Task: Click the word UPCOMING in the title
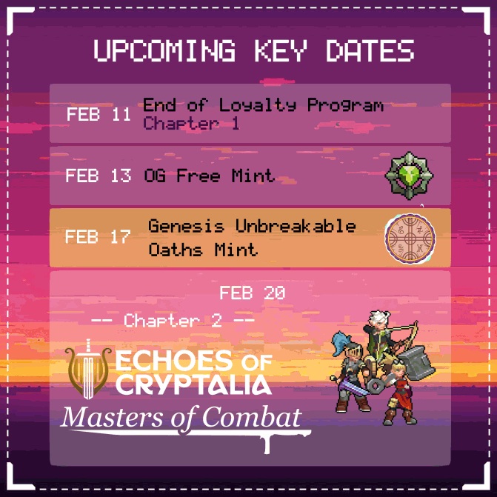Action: pos(164,50)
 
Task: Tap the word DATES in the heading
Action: pos(370,50)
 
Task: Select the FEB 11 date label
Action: pos(99,114)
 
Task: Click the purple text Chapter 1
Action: pos(191,123)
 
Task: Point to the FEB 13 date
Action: pos(99,176)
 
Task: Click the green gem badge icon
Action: pos(409,176)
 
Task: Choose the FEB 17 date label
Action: pos(98,236)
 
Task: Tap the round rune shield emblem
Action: pos(410,239)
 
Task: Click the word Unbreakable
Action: pos(296,226)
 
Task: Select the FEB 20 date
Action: pos(253,293)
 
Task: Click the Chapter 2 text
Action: pos(173,321)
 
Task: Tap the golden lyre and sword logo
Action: pos(88,370)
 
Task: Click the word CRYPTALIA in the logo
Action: pos(193,384)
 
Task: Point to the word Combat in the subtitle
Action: pos(252,417)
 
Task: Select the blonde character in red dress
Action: pos(398,393)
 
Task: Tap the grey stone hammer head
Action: pos(418,363)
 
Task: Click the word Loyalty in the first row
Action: pos(257,105)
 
